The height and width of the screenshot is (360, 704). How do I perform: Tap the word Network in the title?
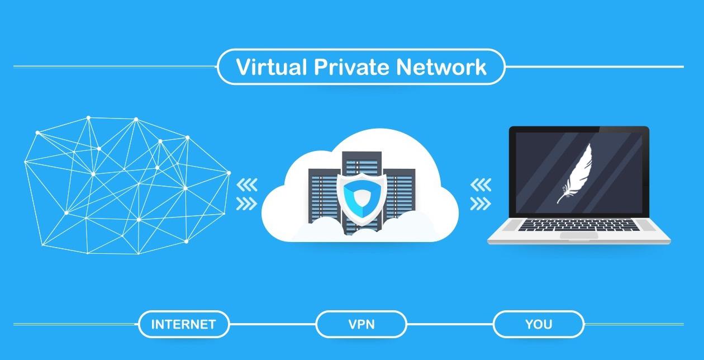tap(442, 67)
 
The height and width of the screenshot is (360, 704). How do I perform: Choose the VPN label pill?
tap(360, 324)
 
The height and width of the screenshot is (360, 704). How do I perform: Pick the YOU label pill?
tap(538, 324)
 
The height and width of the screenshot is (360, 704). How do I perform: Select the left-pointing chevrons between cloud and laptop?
tap(481, 184)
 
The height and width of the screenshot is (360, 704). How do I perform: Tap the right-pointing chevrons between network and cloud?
tap(247, 203)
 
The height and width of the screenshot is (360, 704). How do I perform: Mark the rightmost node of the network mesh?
tap(229, 173)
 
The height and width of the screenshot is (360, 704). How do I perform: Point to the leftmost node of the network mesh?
tap(26, 162)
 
